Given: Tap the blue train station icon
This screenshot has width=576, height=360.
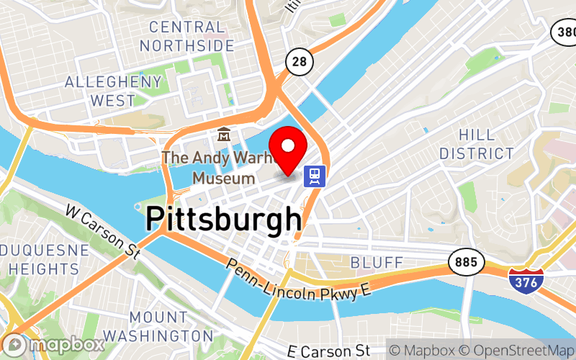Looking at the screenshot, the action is pos(315,175).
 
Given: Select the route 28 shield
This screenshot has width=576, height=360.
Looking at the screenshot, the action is pos(298,62).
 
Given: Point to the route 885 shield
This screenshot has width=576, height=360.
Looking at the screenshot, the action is pos(466,263).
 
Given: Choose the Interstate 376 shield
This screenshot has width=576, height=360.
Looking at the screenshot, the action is pos(523,281).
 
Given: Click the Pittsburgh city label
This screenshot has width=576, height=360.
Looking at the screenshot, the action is pos(224,219).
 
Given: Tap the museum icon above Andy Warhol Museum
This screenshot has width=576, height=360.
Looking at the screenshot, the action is pos(224,135).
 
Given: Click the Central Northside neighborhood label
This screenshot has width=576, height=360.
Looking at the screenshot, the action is pos(187,37).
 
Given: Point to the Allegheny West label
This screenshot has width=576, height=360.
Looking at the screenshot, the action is pos(113,91).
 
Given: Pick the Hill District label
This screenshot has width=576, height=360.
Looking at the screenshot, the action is pos(477,144).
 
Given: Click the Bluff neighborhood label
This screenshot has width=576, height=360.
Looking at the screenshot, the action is pos(377,261).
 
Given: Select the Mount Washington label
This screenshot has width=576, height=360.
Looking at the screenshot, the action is pos(158,326).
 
